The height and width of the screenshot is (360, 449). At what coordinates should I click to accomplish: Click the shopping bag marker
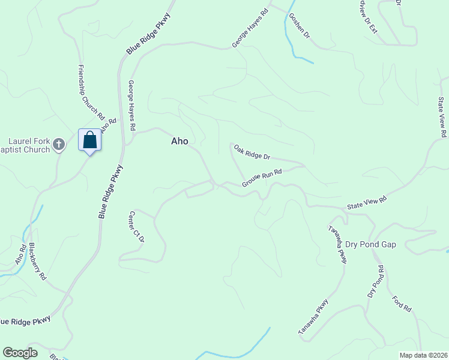click(89, 140)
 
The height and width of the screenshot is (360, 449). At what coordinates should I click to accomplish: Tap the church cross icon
click(58, 144)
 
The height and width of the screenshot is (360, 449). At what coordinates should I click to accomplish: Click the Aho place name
click(179, 142)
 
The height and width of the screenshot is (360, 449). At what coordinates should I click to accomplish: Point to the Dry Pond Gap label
click(371, 244)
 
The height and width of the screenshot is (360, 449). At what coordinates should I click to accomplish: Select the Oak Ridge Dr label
click(252, 151)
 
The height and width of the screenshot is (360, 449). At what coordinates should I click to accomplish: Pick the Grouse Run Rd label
click(262, 178)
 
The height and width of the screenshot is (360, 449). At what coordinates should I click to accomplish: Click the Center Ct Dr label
click(137, 226)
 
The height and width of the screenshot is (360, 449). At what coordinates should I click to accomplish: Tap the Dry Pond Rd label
click(376, 281)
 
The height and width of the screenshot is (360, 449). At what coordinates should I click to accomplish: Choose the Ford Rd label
click(402, 304)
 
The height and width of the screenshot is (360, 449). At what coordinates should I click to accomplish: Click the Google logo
click(20, 353)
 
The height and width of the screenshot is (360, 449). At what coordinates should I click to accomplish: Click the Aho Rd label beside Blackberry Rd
click(20, 255)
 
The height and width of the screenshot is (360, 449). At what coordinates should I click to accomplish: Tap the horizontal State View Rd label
click(367, 203)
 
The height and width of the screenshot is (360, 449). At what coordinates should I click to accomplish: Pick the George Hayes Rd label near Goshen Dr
click(250, 28)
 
